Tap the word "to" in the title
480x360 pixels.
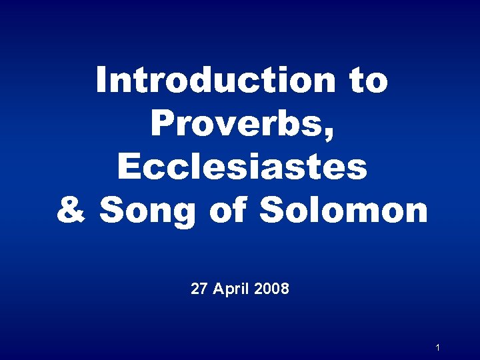coord(367,81)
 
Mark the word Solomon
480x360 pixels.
coord(343,210)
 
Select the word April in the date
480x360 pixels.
coord(230,289)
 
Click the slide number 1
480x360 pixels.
coord(437,347)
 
